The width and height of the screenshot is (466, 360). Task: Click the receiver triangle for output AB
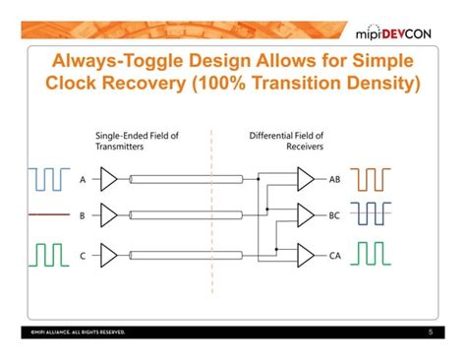click(x=306, y=179)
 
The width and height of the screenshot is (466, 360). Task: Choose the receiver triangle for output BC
click(x=306, y=213)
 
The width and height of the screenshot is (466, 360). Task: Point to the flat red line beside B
click(x=46, y=213)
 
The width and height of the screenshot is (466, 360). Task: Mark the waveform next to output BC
click(x=373, y=213)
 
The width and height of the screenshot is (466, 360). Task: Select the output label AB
click(x=334, y=180)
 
